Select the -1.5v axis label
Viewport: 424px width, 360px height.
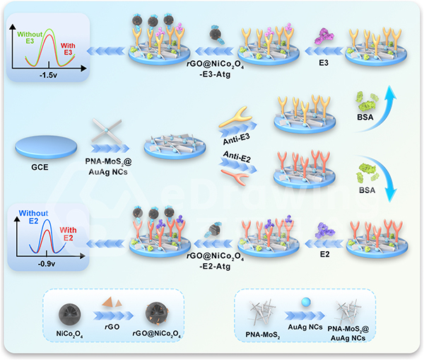pyautogui.click(x=49, y=76)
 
